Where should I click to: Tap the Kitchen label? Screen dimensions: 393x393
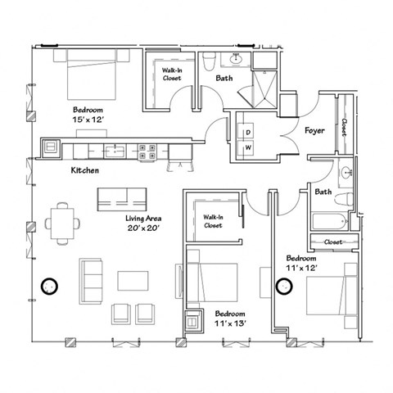point(85,170)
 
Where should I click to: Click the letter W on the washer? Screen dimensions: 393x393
point(247,148)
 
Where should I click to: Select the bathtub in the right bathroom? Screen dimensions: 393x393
point(329,221)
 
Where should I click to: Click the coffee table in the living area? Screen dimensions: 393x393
point(132,280)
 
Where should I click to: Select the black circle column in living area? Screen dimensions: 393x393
point(50,286)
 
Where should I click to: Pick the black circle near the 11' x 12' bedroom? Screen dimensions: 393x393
point(284,286)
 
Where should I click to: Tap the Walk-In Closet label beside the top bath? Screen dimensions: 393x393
point(171,75)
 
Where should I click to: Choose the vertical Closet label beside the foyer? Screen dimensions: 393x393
point(345,128)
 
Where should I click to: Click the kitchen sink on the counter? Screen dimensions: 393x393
point(115,150)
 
